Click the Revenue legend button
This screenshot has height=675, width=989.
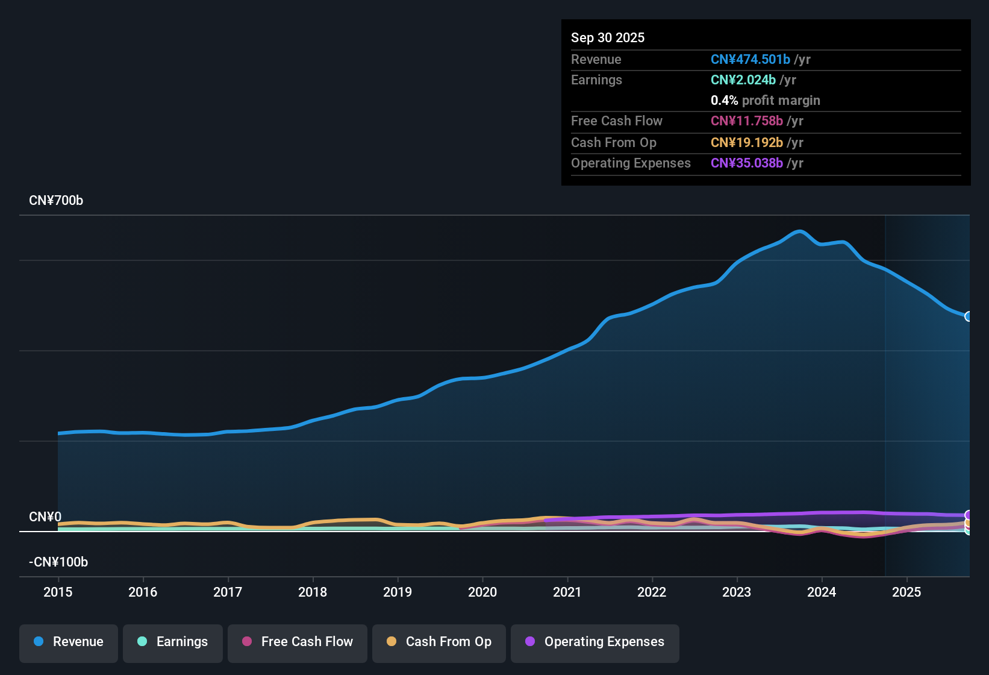click(x=69, y=642)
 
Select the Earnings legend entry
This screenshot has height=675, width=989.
click(x=173, y=642)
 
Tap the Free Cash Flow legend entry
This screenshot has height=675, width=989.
click(x=298, y=642)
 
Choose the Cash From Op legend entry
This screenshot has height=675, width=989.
click(x=439, y=642)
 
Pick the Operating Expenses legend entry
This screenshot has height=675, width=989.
click(x=595, y=642)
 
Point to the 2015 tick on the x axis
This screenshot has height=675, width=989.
click(x=58, y=592)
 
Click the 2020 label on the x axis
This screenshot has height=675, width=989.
click(x=482, y=592)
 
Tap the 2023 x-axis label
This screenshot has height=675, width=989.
click(x=737, y=592)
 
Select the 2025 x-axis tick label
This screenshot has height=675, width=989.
click(x=906, y=592)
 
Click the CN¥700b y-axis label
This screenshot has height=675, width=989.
click(x=56, y=201)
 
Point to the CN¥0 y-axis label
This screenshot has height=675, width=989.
click(x=45, y=517)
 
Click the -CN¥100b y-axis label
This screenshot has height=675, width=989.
click(x=58, y=562)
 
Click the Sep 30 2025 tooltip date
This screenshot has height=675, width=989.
click(x=608, y=37)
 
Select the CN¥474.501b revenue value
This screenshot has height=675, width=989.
click(x=750, y=59)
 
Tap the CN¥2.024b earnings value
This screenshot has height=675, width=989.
click(x=743, y=80)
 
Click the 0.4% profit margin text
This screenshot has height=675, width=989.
click(x=765, y=100)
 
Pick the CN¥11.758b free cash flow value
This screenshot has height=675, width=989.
click(x=746, y=121)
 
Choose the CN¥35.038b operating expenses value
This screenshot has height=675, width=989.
click(x=746, y=163)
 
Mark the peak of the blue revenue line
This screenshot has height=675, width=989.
click(x=799, y=231)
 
